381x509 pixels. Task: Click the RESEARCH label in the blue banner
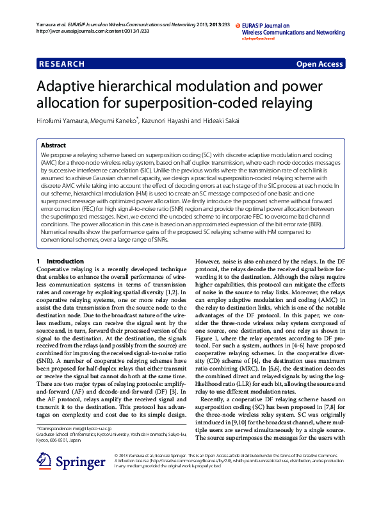click(61, 64)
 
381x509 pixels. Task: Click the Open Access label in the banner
click(320, 64)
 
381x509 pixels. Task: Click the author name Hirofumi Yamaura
click(57, 121)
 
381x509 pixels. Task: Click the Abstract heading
click(53, 146)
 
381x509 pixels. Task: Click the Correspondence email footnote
click(74, 428)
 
